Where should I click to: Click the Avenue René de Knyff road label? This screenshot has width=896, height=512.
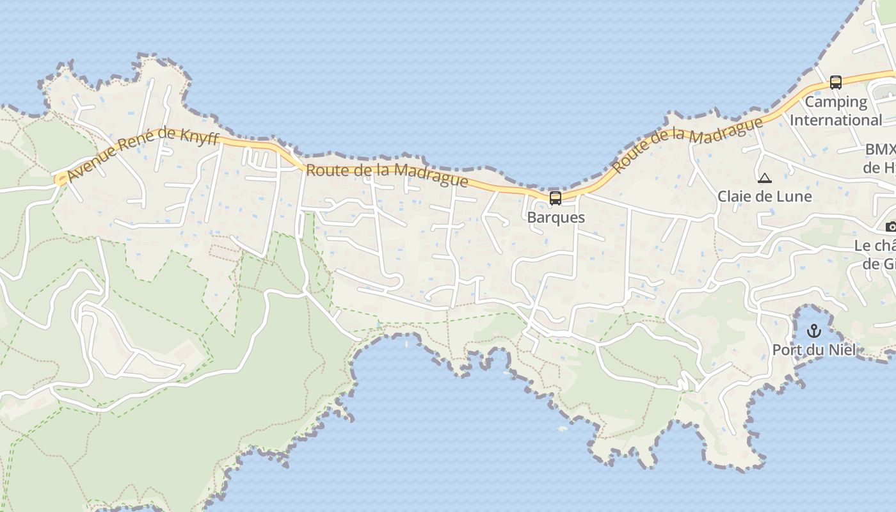(142, 156)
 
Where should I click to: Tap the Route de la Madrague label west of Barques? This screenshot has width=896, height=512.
(387, 176)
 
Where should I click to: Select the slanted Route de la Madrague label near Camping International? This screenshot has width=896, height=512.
(687, 145)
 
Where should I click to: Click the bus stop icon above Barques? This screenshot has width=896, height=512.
(556, 198)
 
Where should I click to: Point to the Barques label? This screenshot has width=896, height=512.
(556, 217)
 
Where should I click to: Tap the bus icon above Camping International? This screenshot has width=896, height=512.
(836, 82)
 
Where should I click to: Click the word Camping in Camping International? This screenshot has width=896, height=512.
(836, 102)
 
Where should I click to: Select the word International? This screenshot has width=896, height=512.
(836, 120)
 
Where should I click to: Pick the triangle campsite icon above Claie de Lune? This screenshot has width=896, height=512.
(764, 178)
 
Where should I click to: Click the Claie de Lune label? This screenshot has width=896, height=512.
(764, 196)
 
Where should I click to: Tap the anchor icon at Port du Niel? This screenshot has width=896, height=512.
(813, 331)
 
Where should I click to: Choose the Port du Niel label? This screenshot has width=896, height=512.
(813, 349)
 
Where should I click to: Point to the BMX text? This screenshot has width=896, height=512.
(880, 150)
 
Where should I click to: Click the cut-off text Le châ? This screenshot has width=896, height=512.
(874, 246)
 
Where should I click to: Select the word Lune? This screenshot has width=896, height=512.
(797, 196)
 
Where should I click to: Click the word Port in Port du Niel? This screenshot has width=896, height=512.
(787, 349)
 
